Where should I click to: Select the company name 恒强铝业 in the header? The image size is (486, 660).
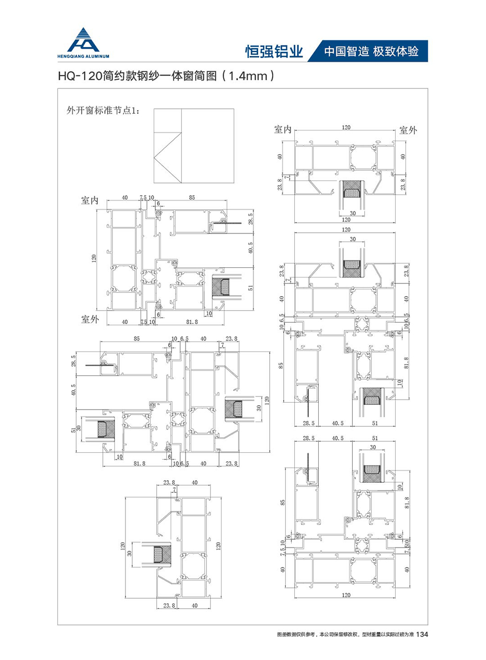274,51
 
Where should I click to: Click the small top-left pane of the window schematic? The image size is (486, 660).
168,120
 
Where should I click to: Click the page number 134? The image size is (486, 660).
423,634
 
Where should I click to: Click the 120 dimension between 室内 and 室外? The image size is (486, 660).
346,127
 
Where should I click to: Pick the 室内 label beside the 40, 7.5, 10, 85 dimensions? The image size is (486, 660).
90,200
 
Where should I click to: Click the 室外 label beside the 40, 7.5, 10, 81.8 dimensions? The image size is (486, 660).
90,318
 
